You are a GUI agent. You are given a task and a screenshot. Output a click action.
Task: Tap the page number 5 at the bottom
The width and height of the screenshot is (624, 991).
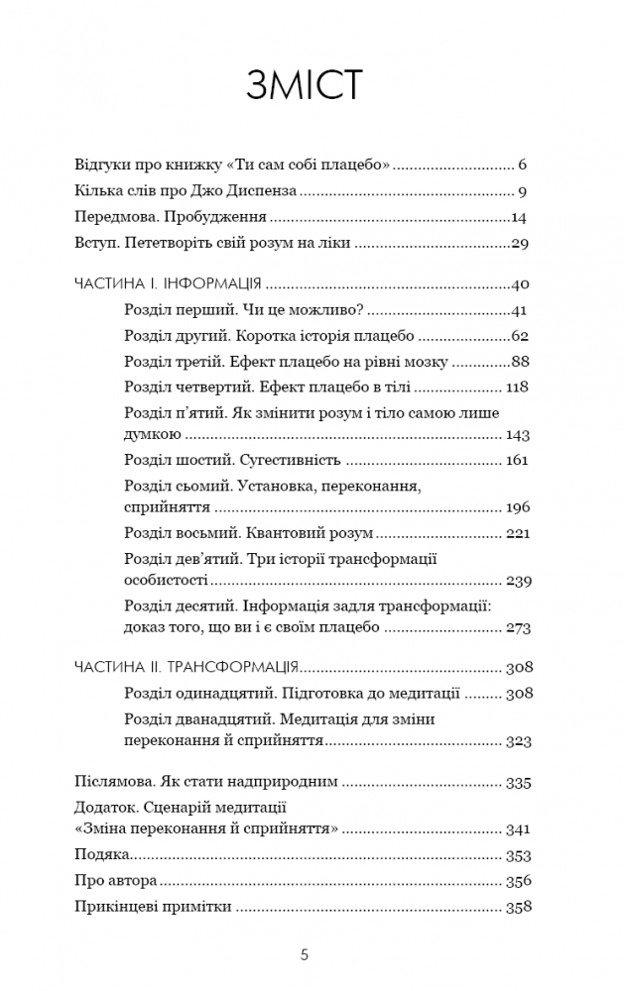[x=306, y=956]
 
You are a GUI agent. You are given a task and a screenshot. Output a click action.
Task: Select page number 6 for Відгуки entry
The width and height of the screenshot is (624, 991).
[x=522, y=164]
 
